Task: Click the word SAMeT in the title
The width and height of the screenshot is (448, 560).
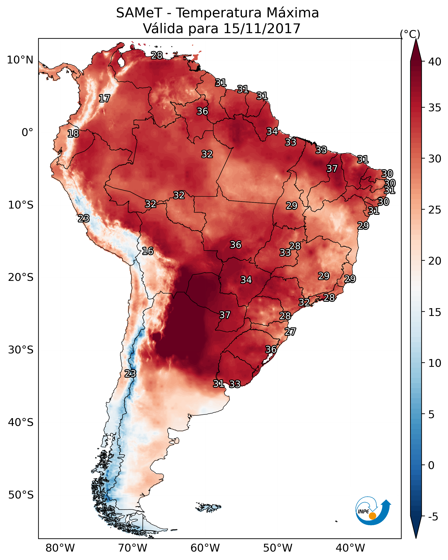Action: pos(139,13)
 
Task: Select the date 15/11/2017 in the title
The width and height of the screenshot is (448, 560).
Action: pos(262,29)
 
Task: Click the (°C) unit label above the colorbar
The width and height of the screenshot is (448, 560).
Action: pos(410,34)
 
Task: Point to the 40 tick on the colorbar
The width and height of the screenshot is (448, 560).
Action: pos(435,62)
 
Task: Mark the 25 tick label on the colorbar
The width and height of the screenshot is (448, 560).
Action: pos(435,210)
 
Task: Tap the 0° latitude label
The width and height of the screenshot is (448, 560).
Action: pos(27,133)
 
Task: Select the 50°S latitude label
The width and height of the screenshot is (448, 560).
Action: pos(21,495)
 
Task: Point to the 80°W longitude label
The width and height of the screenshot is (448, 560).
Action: pos(60,548)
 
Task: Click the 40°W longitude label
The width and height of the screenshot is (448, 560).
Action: pos(350,548)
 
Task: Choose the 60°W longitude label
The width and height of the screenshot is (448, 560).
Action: pos(205,548)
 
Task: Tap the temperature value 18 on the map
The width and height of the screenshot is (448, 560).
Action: pos(73,134)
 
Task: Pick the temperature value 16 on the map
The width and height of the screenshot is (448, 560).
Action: pos(148,251)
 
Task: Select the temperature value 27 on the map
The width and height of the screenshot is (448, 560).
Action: pos(290,332)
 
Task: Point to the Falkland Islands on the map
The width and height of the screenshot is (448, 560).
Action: pos(209,507)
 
